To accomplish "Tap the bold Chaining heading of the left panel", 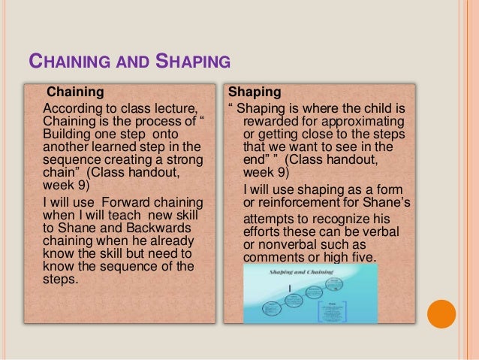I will (75, 93).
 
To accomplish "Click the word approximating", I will (366, 122).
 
